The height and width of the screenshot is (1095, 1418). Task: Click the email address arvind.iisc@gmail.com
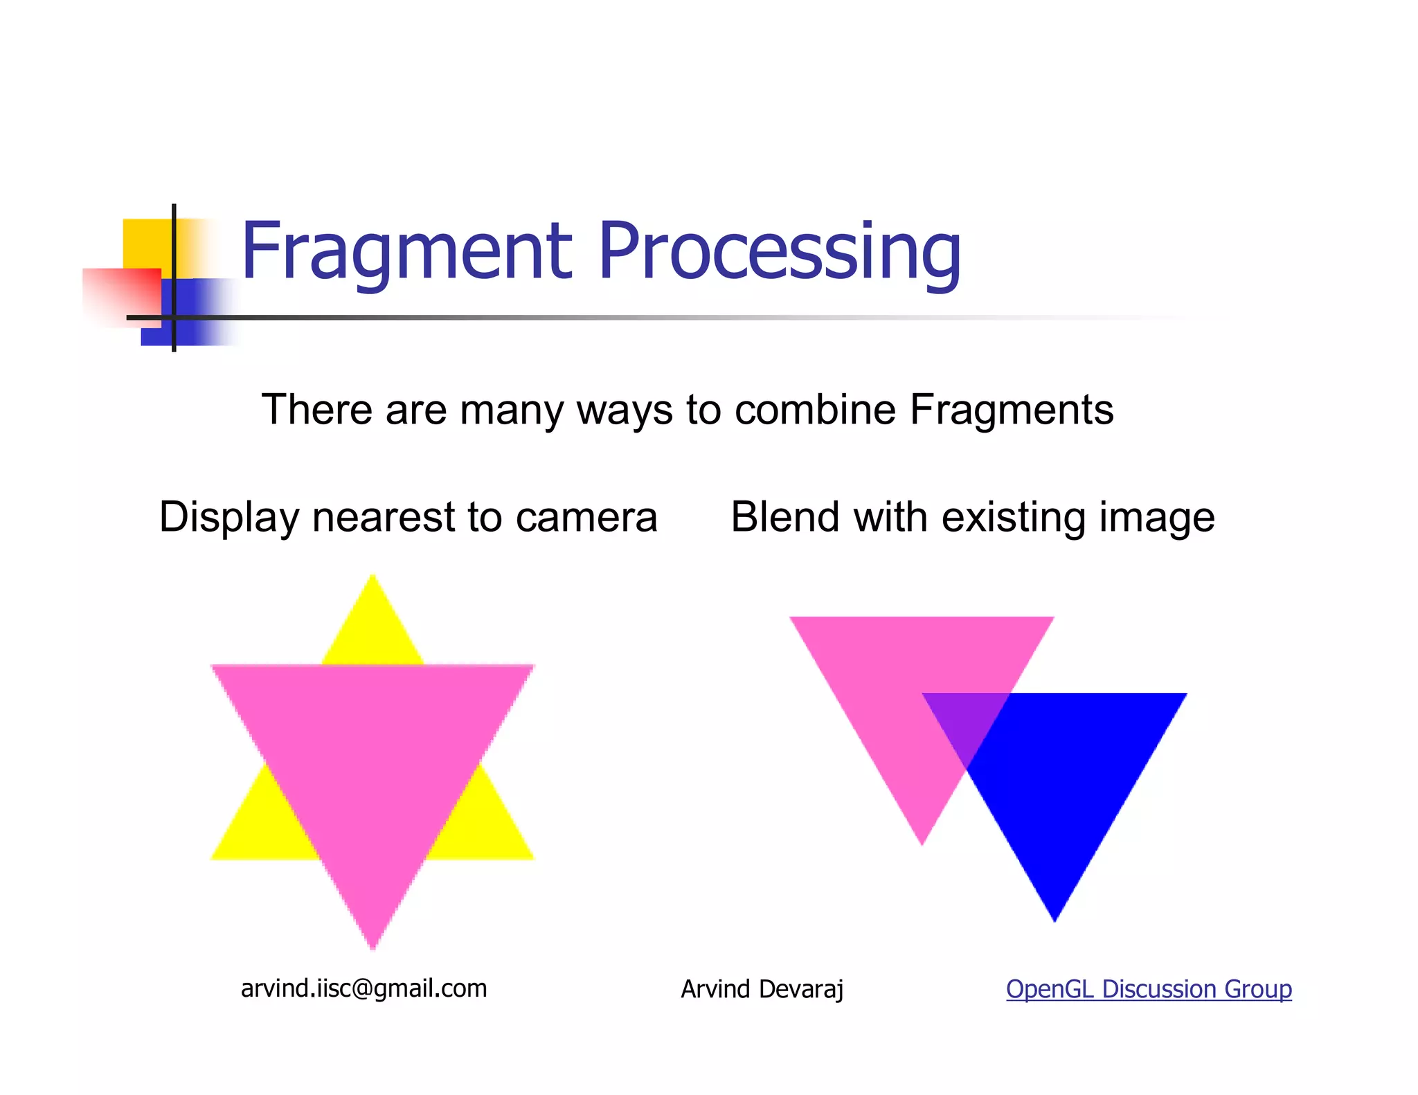click(x=364, y=988)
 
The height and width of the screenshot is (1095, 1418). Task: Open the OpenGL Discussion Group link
click(x=1149, y=989)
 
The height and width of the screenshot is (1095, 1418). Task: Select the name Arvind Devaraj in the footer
click(x=762, y=989)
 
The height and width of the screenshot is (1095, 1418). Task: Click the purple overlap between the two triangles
click(x=966, y=720)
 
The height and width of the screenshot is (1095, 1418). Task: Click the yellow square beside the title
click(x=145, y=242)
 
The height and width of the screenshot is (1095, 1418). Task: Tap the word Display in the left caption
click(x=228, y=517)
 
